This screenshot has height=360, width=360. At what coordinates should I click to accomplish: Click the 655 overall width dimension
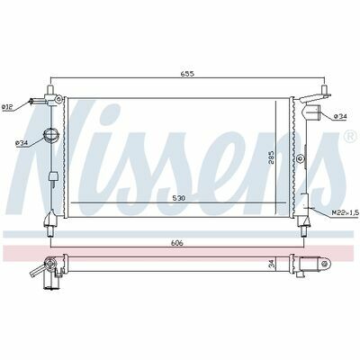pyautogui.click(x=188, y=74)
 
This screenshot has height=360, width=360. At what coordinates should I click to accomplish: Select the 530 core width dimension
pyautogui.click(x=179, y=198)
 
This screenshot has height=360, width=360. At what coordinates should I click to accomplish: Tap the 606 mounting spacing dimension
pyautogui.click(x=176, y=243)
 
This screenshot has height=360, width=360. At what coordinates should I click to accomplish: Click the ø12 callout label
pyautogui.click(x=7, y=106)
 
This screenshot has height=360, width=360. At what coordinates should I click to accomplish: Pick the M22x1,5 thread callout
pyautogui.click(x=345, y=212)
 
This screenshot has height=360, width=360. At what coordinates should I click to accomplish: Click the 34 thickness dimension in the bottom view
pyautogui.click(x=272, y=264)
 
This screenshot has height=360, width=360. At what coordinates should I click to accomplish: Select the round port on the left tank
pyautogui.click(x=49, y=135)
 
